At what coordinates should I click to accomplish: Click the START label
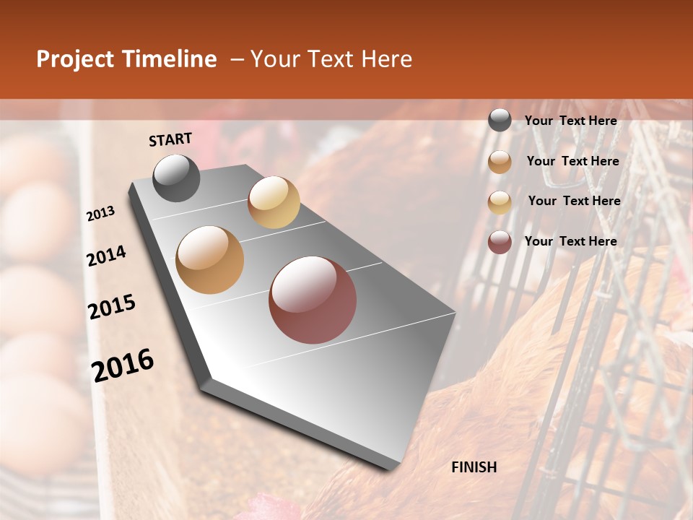170,139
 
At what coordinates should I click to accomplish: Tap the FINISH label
474,467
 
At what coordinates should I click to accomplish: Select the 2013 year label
101,214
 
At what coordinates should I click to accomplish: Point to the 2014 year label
107,256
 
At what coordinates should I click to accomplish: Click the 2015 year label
112,307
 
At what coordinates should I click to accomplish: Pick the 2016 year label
123,365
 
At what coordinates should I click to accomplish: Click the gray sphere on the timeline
177,178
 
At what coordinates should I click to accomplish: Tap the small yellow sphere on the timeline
274,202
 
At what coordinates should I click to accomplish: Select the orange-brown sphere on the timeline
210,260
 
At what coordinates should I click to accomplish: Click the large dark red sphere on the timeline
313,300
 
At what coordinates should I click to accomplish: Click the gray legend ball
500,121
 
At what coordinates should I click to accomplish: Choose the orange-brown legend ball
500,162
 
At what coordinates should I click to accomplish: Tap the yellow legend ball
500,202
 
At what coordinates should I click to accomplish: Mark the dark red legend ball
500,242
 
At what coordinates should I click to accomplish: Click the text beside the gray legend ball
571,121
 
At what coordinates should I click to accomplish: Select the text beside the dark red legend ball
571,241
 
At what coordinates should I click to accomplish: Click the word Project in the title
74,59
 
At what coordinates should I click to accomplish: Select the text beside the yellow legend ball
574,201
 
